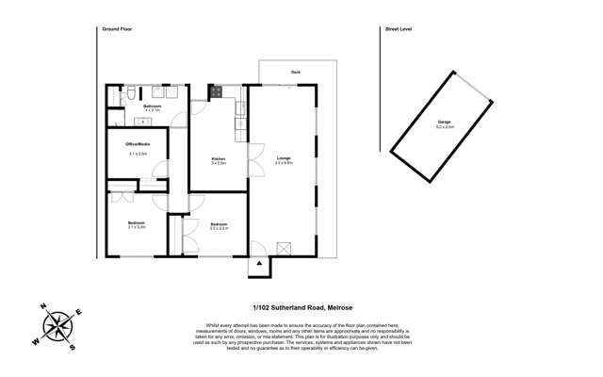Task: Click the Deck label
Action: [x=295, y=72]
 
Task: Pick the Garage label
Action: [x=444, y=123]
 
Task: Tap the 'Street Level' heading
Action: [x=399, y=29]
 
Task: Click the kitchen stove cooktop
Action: [x=216, y=92]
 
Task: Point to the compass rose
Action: [x=59, y=326]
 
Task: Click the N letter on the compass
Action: [x=43, y=306]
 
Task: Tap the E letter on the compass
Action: [x=79, y=311]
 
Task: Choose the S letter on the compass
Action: [x=74, y=346]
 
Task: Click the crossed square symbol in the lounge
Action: [x=282, y=247]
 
